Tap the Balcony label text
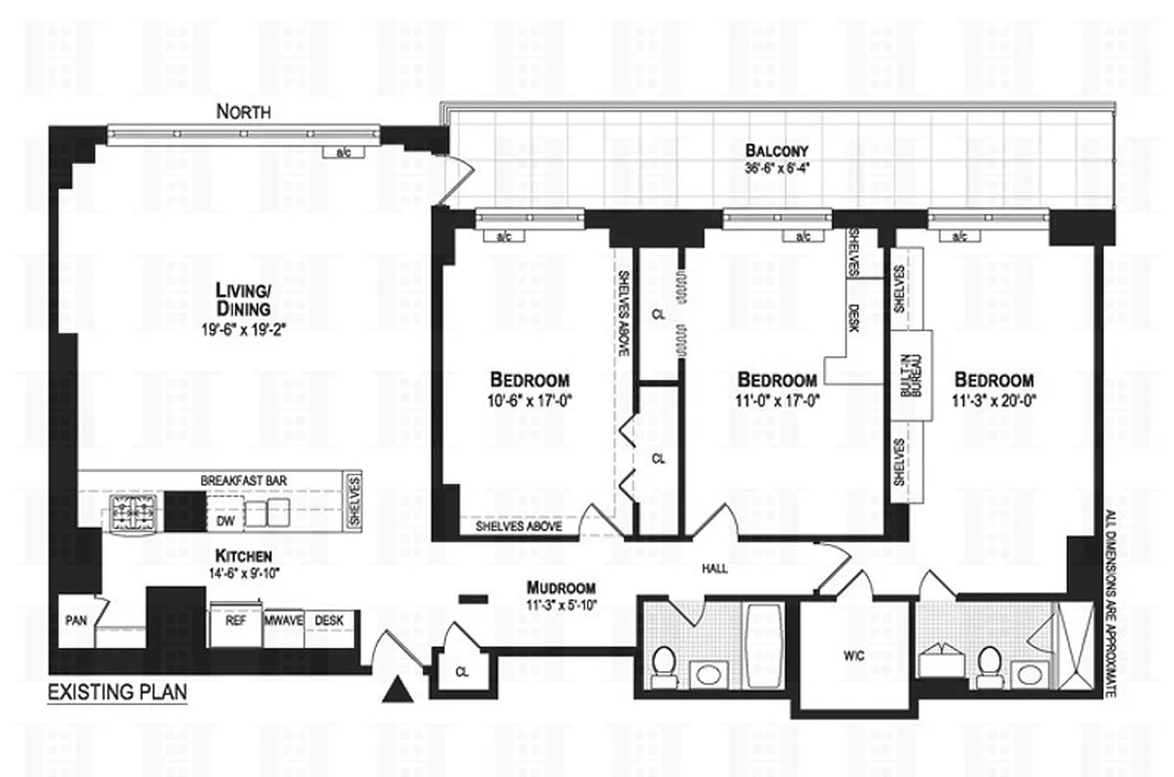pyautogui.click(x=777, y=151)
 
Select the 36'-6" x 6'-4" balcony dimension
pyautogui.click(x=777, y=166)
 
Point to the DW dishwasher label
pyautogui.click(x=225, y=520)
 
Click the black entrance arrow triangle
pyautogui.click(x=396, y=691)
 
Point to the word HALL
pyautogui.click(x=714, y=570)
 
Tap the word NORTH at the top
pyautogui.click(x=243, y=113)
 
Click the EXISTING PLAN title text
pyautogui.click(x=117, y=693)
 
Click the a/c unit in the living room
pyautogui.click(x=343, y=152)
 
